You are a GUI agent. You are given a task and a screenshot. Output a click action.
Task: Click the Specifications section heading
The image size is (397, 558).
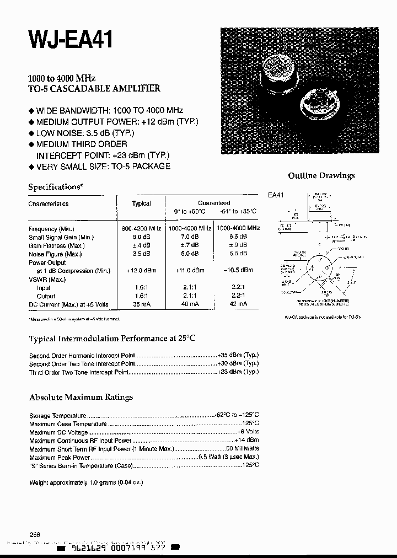click(56, 187)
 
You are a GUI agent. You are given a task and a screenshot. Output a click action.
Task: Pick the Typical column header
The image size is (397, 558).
click(141, 203)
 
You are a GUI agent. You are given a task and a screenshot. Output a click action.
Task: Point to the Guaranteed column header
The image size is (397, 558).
click(214, 203)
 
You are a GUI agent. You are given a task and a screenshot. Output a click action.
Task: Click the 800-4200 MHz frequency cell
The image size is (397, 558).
click(141, 228)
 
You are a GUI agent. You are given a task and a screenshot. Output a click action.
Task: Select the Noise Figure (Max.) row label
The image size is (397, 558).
click(55, 254)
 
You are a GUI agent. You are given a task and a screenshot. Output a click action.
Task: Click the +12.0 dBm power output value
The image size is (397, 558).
click(141, 271)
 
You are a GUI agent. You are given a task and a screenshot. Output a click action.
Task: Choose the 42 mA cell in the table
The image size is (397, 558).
click(238, 304)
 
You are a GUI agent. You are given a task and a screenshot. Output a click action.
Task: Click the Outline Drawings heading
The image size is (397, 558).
click(321, 175)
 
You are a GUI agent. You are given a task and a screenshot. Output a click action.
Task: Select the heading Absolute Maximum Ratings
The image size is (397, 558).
click(81, 397)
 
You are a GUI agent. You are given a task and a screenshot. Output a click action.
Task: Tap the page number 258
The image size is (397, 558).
click(35, 535)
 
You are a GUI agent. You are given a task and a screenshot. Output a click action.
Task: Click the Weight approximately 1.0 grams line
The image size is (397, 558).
click(86, 482)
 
